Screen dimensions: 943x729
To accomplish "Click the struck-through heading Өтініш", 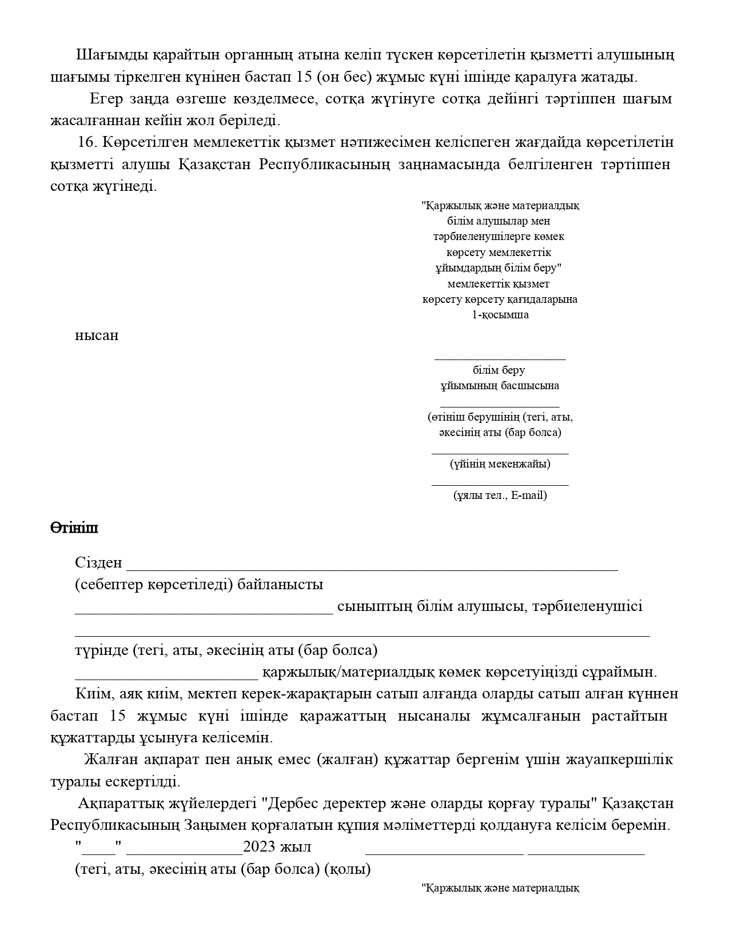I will [74, 528].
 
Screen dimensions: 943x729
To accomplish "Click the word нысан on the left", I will [97, 335].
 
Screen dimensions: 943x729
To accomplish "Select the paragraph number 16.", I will [89, 142].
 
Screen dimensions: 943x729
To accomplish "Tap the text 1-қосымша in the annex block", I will [500, 315].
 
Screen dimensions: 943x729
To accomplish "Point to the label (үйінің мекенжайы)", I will [500, 463].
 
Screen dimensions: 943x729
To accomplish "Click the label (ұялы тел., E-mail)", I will [500, 495].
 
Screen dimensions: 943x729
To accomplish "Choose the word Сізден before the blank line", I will [98, 563].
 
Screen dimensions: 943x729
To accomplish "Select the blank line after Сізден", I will [372, 567].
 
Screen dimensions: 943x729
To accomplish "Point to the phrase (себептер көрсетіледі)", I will [153, 585].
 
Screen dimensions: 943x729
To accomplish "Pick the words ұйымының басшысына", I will [500, 386].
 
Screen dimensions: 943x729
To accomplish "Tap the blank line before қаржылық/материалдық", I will [166, 677].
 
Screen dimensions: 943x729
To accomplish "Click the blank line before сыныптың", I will [204, 611].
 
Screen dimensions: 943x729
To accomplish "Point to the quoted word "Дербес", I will [289, 804].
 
